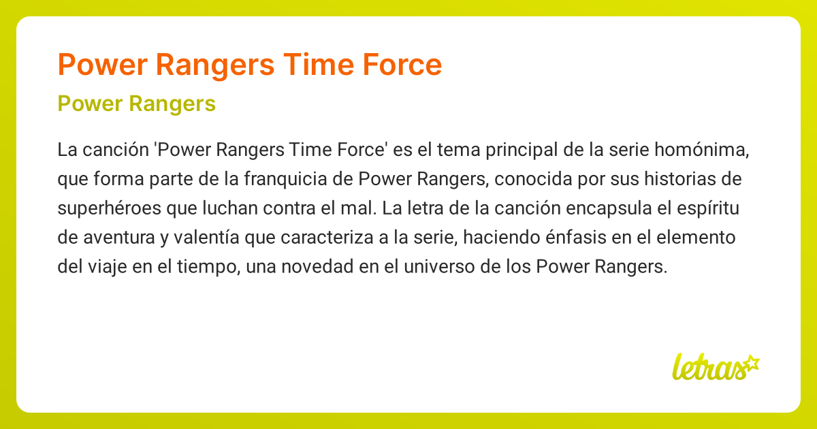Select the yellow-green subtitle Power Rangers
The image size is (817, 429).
(x=137, y=104)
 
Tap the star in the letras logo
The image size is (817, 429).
(x=752, y=362)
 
